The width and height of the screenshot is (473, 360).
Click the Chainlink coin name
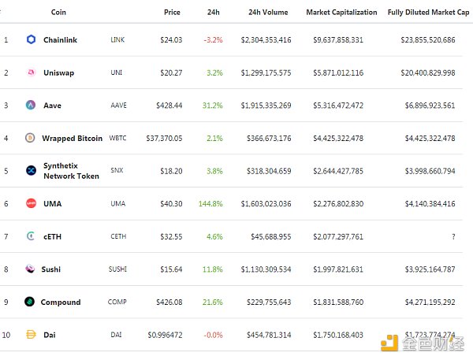click(61, 39)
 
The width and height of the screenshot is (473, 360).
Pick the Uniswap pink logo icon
click(31, 72)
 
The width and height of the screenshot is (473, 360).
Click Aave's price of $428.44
click(169, 105)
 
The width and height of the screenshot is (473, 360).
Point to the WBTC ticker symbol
click(118, 138)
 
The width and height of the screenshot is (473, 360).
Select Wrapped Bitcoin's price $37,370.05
click(164, 138)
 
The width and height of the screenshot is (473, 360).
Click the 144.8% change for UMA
click(210, 203)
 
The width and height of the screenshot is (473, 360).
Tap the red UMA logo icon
click(31, 203)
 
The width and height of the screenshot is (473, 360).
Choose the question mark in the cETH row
click(453, 236)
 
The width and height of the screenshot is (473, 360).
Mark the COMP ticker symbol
click(118, 302)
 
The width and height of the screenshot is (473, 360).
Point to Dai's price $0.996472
click(165, 336)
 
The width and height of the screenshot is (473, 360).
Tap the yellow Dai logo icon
click(31, 336)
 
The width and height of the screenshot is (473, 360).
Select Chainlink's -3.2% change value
click(213, 39)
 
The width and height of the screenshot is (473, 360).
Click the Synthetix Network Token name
click(71, 171)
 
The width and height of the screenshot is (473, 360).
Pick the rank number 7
click(6, 236)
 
